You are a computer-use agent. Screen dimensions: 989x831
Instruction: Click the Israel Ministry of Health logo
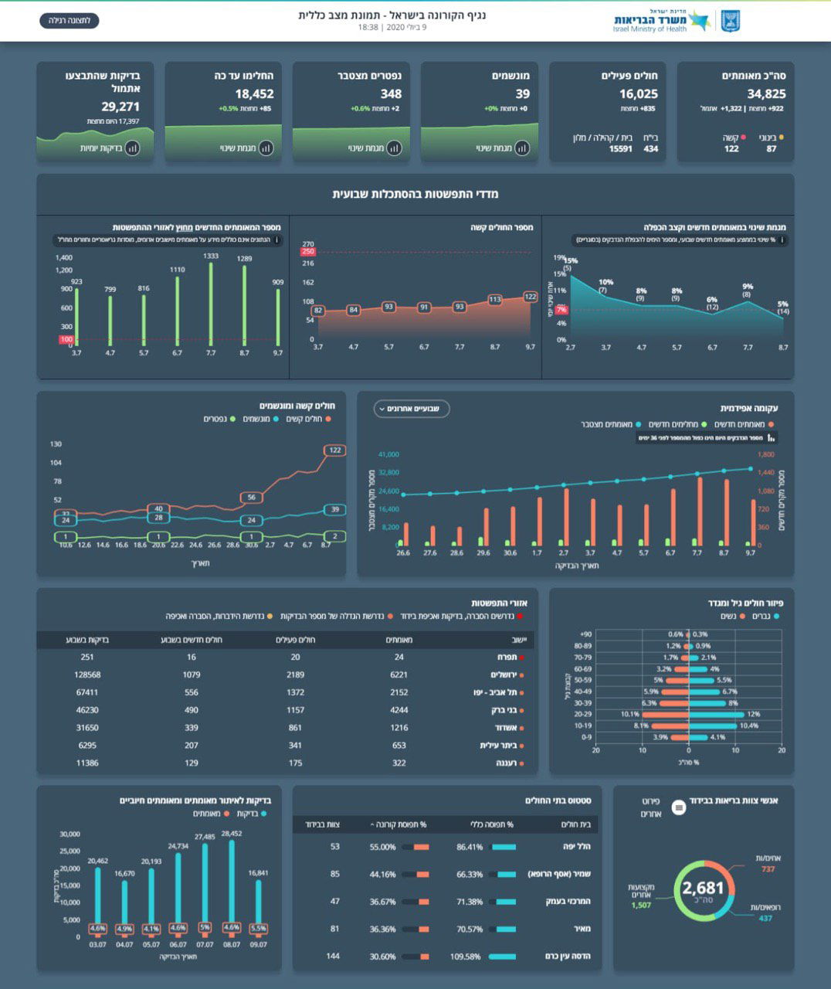pos(677,21)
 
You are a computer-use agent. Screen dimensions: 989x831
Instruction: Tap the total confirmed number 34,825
pos(765,94)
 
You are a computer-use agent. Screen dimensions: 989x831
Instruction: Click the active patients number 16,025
pos(638,94)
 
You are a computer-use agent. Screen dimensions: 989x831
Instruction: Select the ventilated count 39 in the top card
pos(522,94)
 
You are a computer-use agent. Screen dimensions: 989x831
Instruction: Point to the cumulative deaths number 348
pos(391,94)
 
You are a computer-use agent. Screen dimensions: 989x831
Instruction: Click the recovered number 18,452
pos(254,94)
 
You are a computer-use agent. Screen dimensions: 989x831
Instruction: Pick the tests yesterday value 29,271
pos(120,107)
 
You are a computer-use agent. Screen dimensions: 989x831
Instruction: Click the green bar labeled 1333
pos(211,256)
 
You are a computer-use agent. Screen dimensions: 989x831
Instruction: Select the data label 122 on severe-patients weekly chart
pos(530,297)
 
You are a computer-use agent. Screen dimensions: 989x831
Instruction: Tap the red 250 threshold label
pos(308,252)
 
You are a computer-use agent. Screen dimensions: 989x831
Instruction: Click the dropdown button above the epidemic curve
pos(412,409)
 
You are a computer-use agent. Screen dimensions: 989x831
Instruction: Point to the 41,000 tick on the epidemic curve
pos(388,454)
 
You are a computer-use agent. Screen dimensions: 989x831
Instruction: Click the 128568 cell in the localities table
pos(87,675)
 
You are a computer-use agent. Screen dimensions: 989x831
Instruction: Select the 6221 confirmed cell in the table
pos(399,675)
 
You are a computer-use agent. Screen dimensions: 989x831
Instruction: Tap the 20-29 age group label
pos(582,715)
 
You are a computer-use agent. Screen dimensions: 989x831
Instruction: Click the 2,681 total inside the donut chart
pos(703,889)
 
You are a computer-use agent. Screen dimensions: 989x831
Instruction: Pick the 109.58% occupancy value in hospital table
pos(466,957)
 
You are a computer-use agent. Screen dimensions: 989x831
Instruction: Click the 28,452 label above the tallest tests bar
pos(231,834)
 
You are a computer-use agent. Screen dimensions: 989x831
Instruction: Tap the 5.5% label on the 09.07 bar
pos(259,928)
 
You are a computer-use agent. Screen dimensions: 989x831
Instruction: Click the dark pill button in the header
pos(70,20)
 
